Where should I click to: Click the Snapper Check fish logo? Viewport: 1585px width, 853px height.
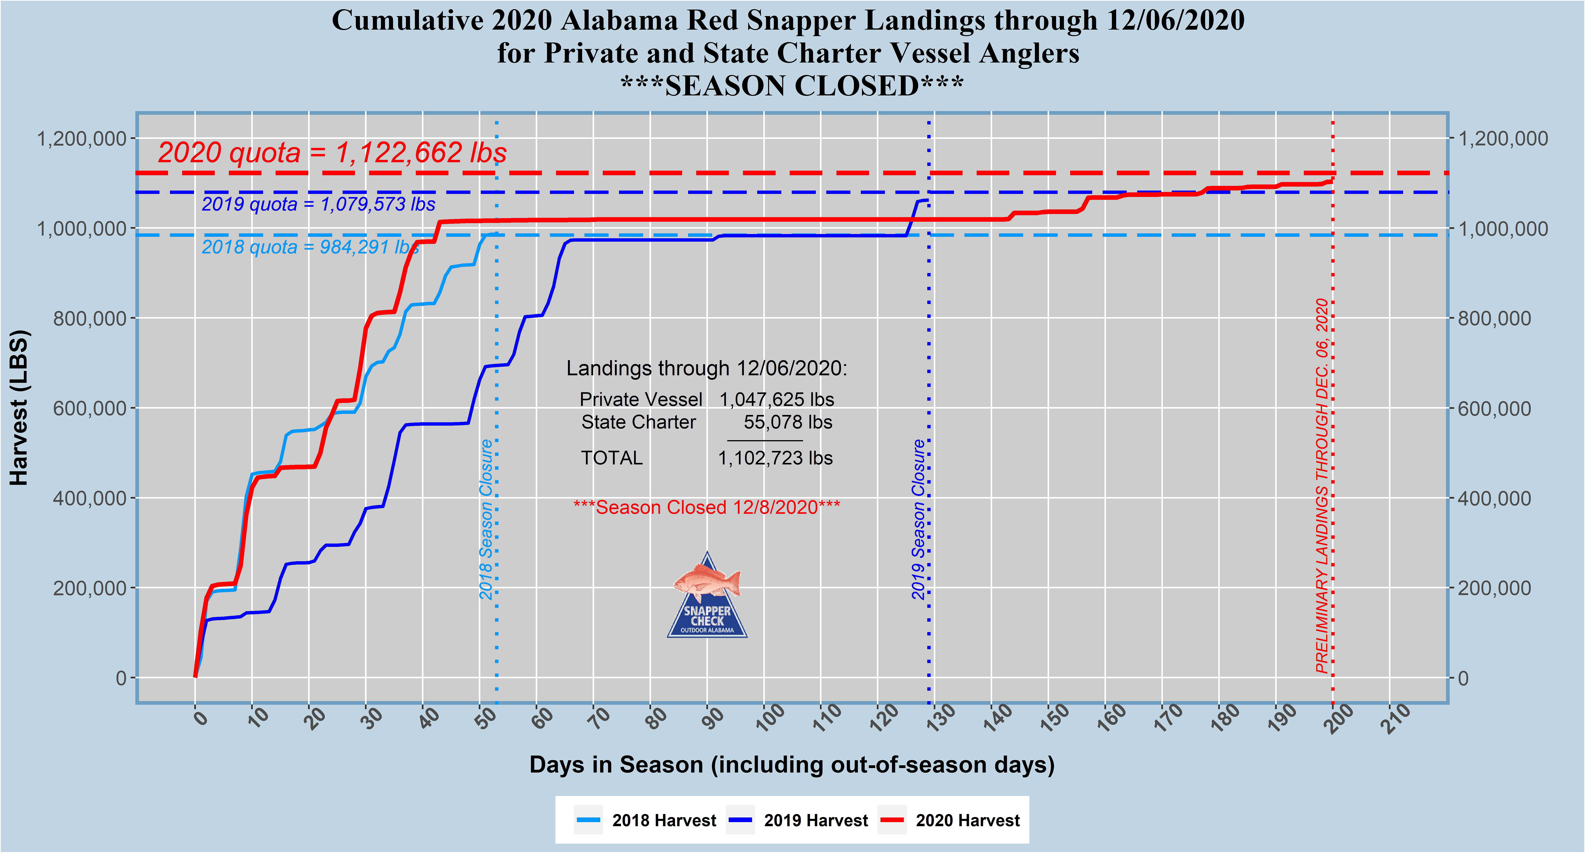(707, 595)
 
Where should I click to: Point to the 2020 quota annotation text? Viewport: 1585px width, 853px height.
(332, 153)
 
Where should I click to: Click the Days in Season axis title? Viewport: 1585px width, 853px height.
(792, 764)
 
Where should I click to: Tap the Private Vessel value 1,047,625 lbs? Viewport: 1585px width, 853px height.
(776, 400)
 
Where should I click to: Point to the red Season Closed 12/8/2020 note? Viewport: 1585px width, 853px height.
(706, 507)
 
